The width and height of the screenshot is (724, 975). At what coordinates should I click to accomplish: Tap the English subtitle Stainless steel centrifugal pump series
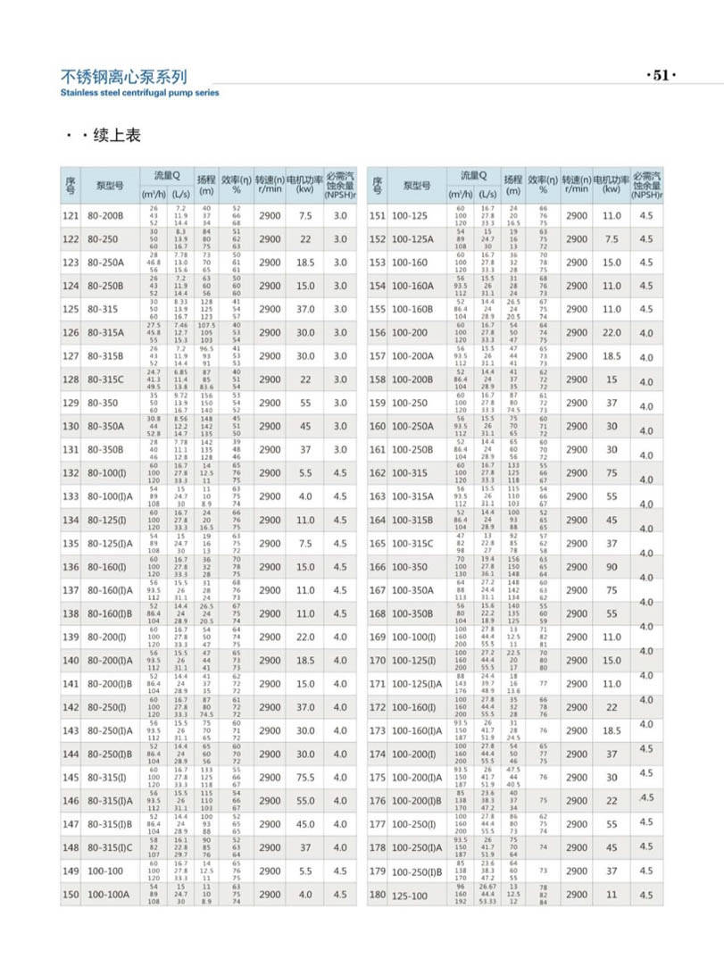click(139, 92)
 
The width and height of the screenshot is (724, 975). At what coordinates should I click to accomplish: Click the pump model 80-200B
click(106, 216)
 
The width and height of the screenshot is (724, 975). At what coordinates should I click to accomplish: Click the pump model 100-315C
click(414, 543)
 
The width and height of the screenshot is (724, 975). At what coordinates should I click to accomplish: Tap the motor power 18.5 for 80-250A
click(305, 262)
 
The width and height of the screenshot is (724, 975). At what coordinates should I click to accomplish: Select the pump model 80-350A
click(106, 426)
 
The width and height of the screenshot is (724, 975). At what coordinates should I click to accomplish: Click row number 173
click(377, 730)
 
